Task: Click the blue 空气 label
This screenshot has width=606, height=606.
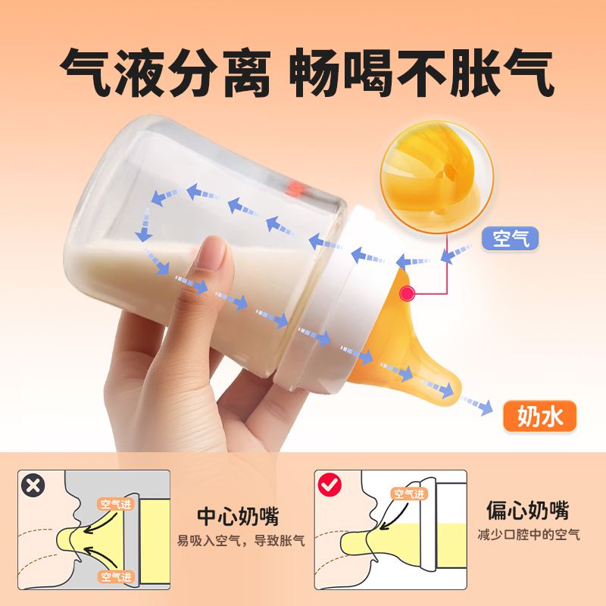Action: [511, 239]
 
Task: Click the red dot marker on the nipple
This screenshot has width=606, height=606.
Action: [407, 292]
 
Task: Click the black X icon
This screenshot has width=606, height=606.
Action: [32, 485]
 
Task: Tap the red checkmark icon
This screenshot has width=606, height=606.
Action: [330, 485]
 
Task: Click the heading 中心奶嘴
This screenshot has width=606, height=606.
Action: [238, 517]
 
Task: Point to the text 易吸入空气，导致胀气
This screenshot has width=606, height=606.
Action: [241, 541]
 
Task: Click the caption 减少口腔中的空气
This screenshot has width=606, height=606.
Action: [528, 534]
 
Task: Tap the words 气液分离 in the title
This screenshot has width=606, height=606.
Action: [164, 73]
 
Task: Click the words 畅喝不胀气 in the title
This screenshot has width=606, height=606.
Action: [423, 73]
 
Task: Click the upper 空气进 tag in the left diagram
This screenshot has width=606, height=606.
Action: [115, 503]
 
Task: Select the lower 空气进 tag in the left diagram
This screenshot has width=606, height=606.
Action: [115, 576]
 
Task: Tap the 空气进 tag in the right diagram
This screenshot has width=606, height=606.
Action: [408, 494]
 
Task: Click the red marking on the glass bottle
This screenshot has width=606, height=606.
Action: [297, 185]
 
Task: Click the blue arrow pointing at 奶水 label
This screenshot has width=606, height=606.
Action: [477, 406]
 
